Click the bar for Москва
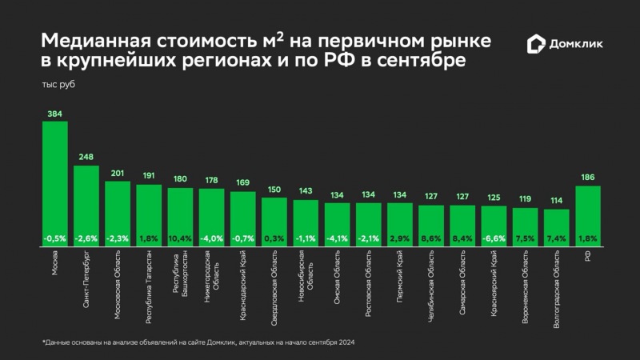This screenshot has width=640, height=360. [54, 184]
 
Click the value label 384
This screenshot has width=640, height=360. [54, 114]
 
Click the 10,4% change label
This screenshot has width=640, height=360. [180, 238]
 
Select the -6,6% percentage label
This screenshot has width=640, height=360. [494, 238]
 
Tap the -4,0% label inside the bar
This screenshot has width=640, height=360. [211, 238]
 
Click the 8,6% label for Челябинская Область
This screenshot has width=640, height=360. [431, 238]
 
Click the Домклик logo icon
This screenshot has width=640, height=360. [535, 44]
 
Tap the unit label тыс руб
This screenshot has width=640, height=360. [57, 83]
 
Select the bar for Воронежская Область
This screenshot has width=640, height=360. [525, 227]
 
